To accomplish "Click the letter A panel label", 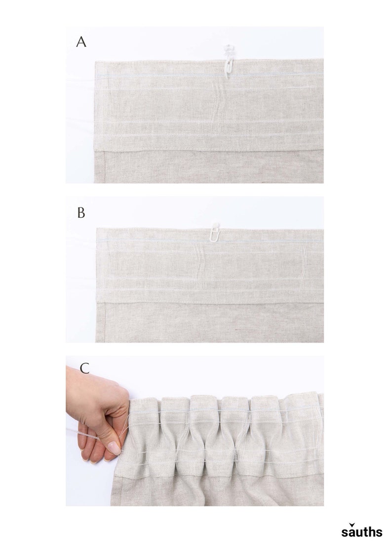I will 81,42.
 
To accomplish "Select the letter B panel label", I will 81,213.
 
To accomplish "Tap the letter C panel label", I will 84,368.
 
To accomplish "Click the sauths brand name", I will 361,532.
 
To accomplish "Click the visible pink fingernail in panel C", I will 114,448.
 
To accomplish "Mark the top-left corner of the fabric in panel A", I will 95,61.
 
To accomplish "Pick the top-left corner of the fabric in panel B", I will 97,229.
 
